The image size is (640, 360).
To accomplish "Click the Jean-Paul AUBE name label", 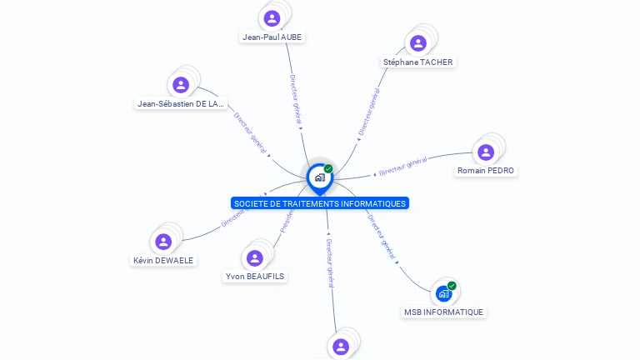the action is pos(272,37).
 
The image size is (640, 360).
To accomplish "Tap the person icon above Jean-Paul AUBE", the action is pos(272,18).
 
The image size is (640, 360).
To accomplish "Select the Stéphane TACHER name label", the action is pos(418,62).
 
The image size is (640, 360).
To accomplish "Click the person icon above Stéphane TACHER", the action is pos(418,43).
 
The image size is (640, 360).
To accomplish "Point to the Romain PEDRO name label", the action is pos(486,171).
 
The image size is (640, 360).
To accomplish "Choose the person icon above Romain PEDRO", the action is pos(486,152).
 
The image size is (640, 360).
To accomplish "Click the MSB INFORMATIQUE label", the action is pos(443,312).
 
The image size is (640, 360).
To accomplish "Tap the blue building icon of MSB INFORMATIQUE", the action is pos(443,293).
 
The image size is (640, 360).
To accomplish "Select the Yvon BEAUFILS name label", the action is pos(255,276).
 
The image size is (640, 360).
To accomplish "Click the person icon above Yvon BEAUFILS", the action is pos(255,257).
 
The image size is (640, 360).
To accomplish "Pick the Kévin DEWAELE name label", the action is pos(163,260).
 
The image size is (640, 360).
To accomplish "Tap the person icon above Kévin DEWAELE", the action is pos(163,242).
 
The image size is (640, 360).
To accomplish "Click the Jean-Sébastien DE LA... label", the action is pos(181,103).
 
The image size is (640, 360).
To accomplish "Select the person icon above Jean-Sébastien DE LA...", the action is pos(181,85).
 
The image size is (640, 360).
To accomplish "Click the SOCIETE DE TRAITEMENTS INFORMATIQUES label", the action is pos(320,203).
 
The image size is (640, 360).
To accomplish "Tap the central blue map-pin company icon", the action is pos(319,177).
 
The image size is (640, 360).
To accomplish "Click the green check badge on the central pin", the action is pos(328,168).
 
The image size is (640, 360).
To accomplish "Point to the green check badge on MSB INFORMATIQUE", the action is pos(452,286).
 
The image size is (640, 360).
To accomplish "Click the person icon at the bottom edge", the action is pos(340,346).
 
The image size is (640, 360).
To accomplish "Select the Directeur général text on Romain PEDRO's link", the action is pos(403,166).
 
